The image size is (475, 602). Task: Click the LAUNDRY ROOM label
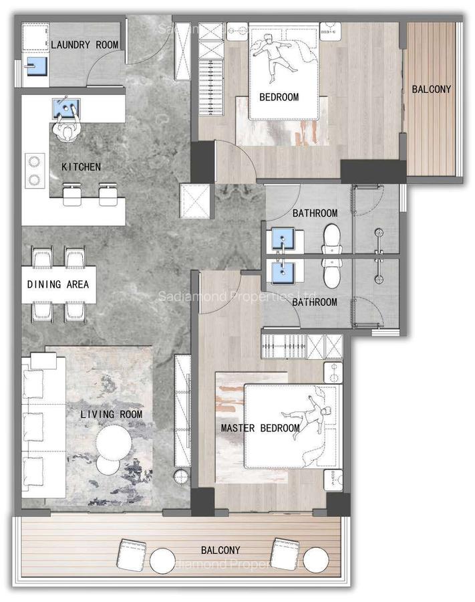tap(85, 45)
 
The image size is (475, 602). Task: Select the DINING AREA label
tap(58, 284)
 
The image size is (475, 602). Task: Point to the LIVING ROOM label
tap(112, 415)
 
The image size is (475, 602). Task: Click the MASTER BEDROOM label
tap(261, 428)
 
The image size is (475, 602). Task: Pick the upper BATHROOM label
tap(315, 213)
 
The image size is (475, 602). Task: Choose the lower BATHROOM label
tap(315, 302)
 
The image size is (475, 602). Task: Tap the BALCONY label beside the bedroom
tap(431, 89)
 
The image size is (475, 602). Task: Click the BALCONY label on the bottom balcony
tap(220, 550)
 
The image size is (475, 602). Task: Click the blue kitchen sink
tap(66, 107)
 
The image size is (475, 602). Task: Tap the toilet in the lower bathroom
tap(331, 273)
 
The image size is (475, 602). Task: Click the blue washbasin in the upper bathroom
tap(285, 239)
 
